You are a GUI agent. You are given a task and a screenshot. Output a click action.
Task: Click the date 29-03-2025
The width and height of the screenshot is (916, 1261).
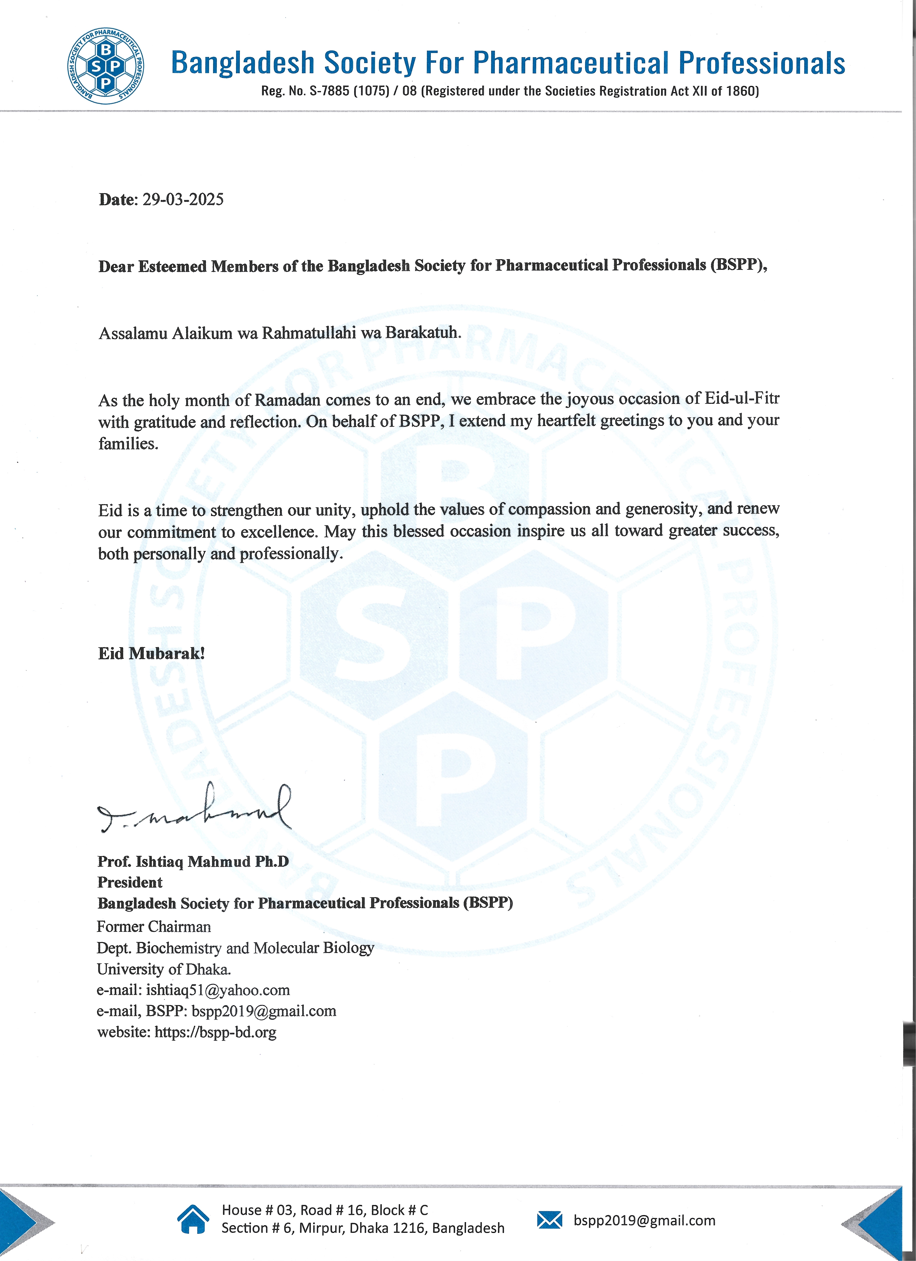pos(183,200)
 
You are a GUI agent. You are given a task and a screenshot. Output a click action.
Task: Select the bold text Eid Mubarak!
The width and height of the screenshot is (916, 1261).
pos(151,653)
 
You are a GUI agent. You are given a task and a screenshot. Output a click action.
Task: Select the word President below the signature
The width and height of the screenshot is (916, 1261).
pos(130,882)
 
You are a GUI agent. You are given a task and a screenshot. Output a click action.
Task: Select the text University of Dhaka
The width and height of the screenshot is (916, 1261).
pos(163,969)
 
